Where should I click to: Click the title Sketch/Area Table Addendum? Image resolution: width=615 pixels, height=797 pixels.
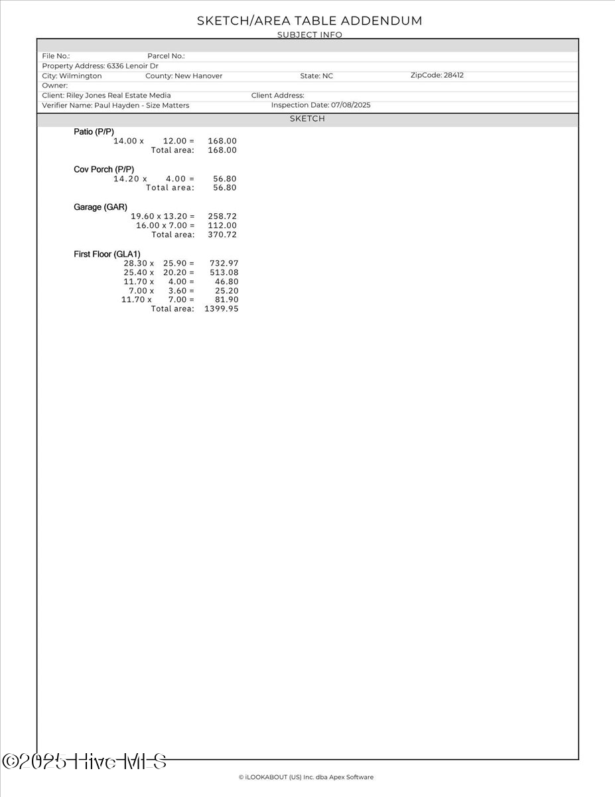309,21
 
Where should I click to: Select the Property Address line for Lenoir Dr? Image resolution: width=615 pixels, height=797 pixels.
100,66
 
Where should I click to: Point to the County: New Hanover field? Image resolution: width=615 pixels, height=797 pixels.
184,76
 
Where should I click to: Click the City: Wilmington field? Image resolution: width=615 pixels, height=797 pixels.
72,76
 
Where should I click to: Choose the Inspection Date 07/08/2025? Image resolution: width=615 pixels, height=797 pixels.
320,105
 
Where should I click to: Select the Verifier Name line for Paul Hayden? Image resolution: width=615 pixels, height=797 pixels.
115,105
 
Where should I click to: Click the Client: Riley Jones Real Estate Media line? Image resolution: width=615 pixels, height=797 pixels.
106,95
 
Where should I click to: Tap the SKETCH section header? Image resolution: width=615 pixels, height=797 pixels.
307,119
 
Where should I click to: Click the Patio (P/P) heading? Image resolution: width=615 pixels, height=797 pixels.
94,132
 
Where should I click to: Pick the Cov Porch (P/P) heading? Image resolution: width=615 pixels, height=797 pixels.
103,169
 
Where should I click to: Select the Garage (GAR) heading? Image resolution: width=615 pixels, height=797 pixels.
100,207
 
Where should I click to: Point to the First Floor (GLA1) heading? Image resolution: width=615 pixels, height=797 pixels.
107,254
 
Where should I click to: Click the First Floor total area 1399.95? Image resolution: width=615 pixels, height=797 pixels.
222,309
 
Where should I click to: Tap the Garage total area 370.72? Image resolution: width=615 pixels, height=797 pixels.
222,234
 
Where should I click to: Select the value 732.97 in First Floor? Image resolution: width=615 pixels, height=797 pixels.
224,264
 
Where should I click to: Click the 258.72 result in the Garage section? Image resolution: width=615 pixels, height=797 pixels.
222,217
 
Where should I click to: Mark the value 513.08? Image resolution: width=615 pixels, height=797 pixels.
224,272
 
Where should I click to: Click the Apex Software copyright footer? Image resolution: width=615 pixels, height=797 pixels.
306,777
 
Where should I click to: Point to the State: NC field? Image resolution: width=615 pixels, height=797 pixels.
316,76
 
